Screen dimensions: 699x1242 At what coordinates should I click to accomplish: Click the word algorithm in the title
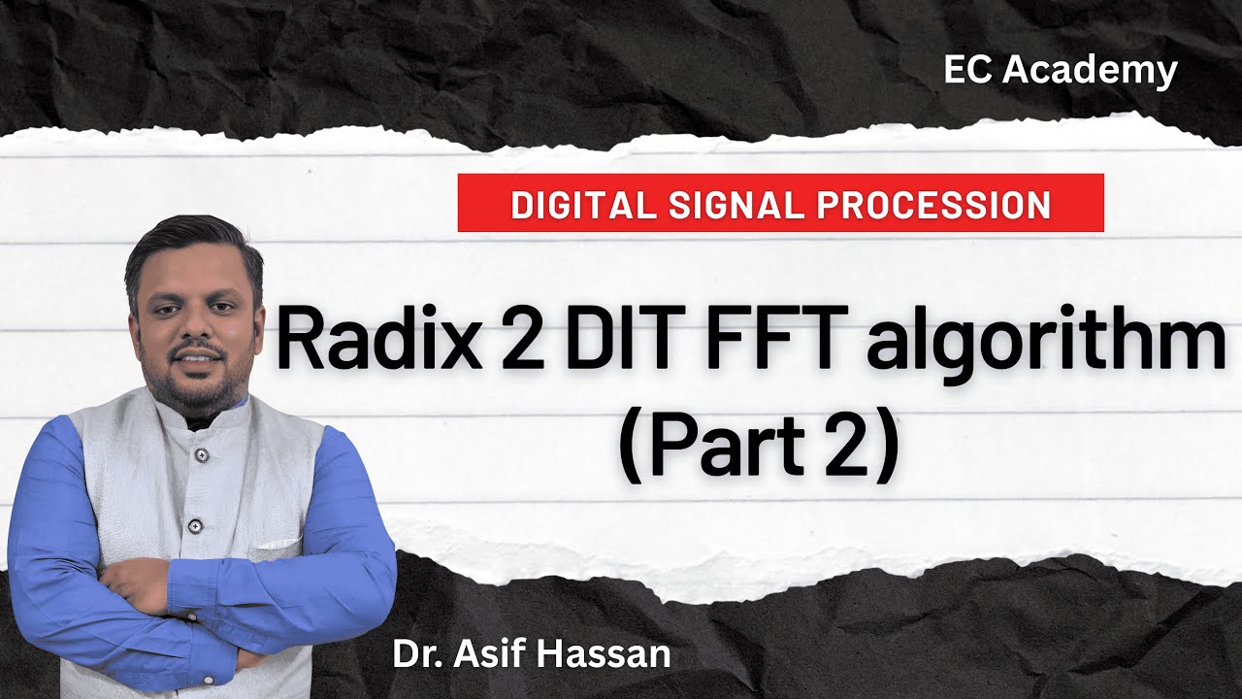(x=1046, y=345)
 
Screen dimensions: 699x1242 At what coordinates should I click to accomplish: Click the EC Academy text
(x=1061, y=70)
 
